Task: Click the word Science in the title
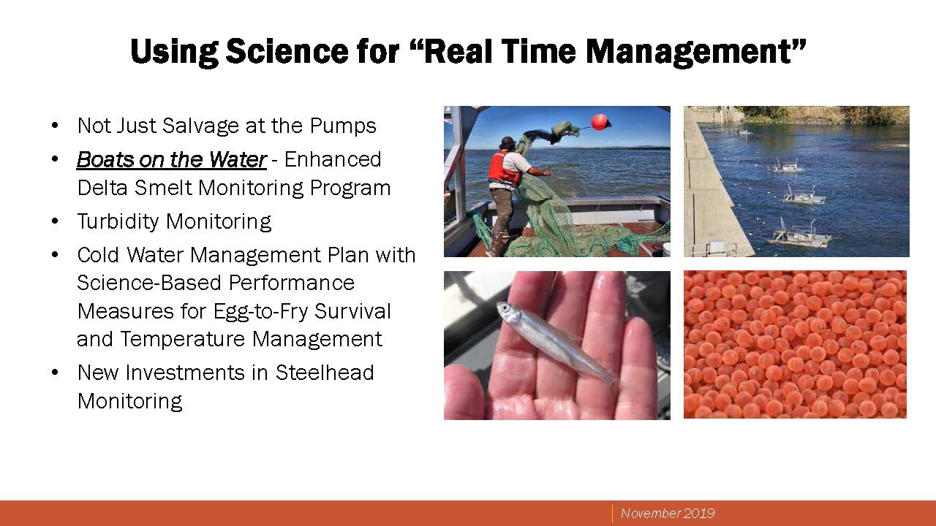287,51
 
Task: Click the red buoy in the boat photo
599,121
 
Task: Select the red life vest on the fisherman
505,169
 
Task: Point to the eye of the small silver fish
505,308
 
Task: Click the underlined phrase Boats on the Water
171,159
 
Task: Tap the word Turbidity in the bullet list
118,221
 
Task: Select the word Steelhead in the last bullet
324,373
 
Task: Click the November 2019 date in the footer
668,513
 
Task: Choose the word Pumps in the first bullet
343,126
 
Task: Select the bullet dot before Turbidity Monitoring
55,221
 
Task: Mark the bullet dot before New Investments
55,373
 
